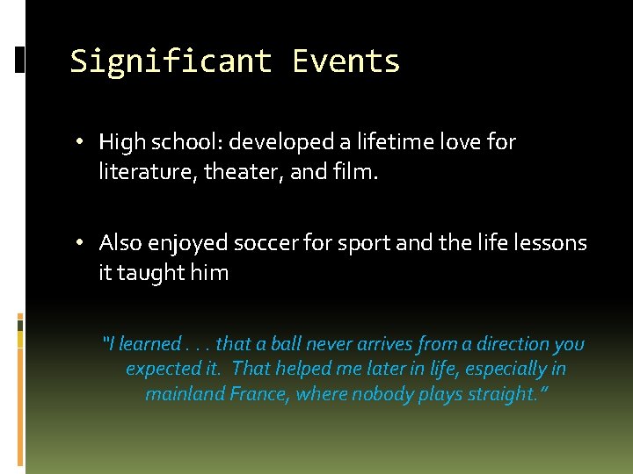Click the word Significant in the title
tap(172, 61)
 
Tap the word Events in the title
tap(346, 61)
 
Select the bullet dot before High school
tap(80, 142)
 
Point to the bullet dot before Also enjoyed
tap(80, 243)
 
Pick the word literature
tap(146, 173)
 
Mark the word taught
tap(150, 273)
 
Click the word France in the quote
tap(258, 394)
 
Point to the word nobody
tap(380, 394)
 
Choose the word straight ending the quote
tap(498, 394)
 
